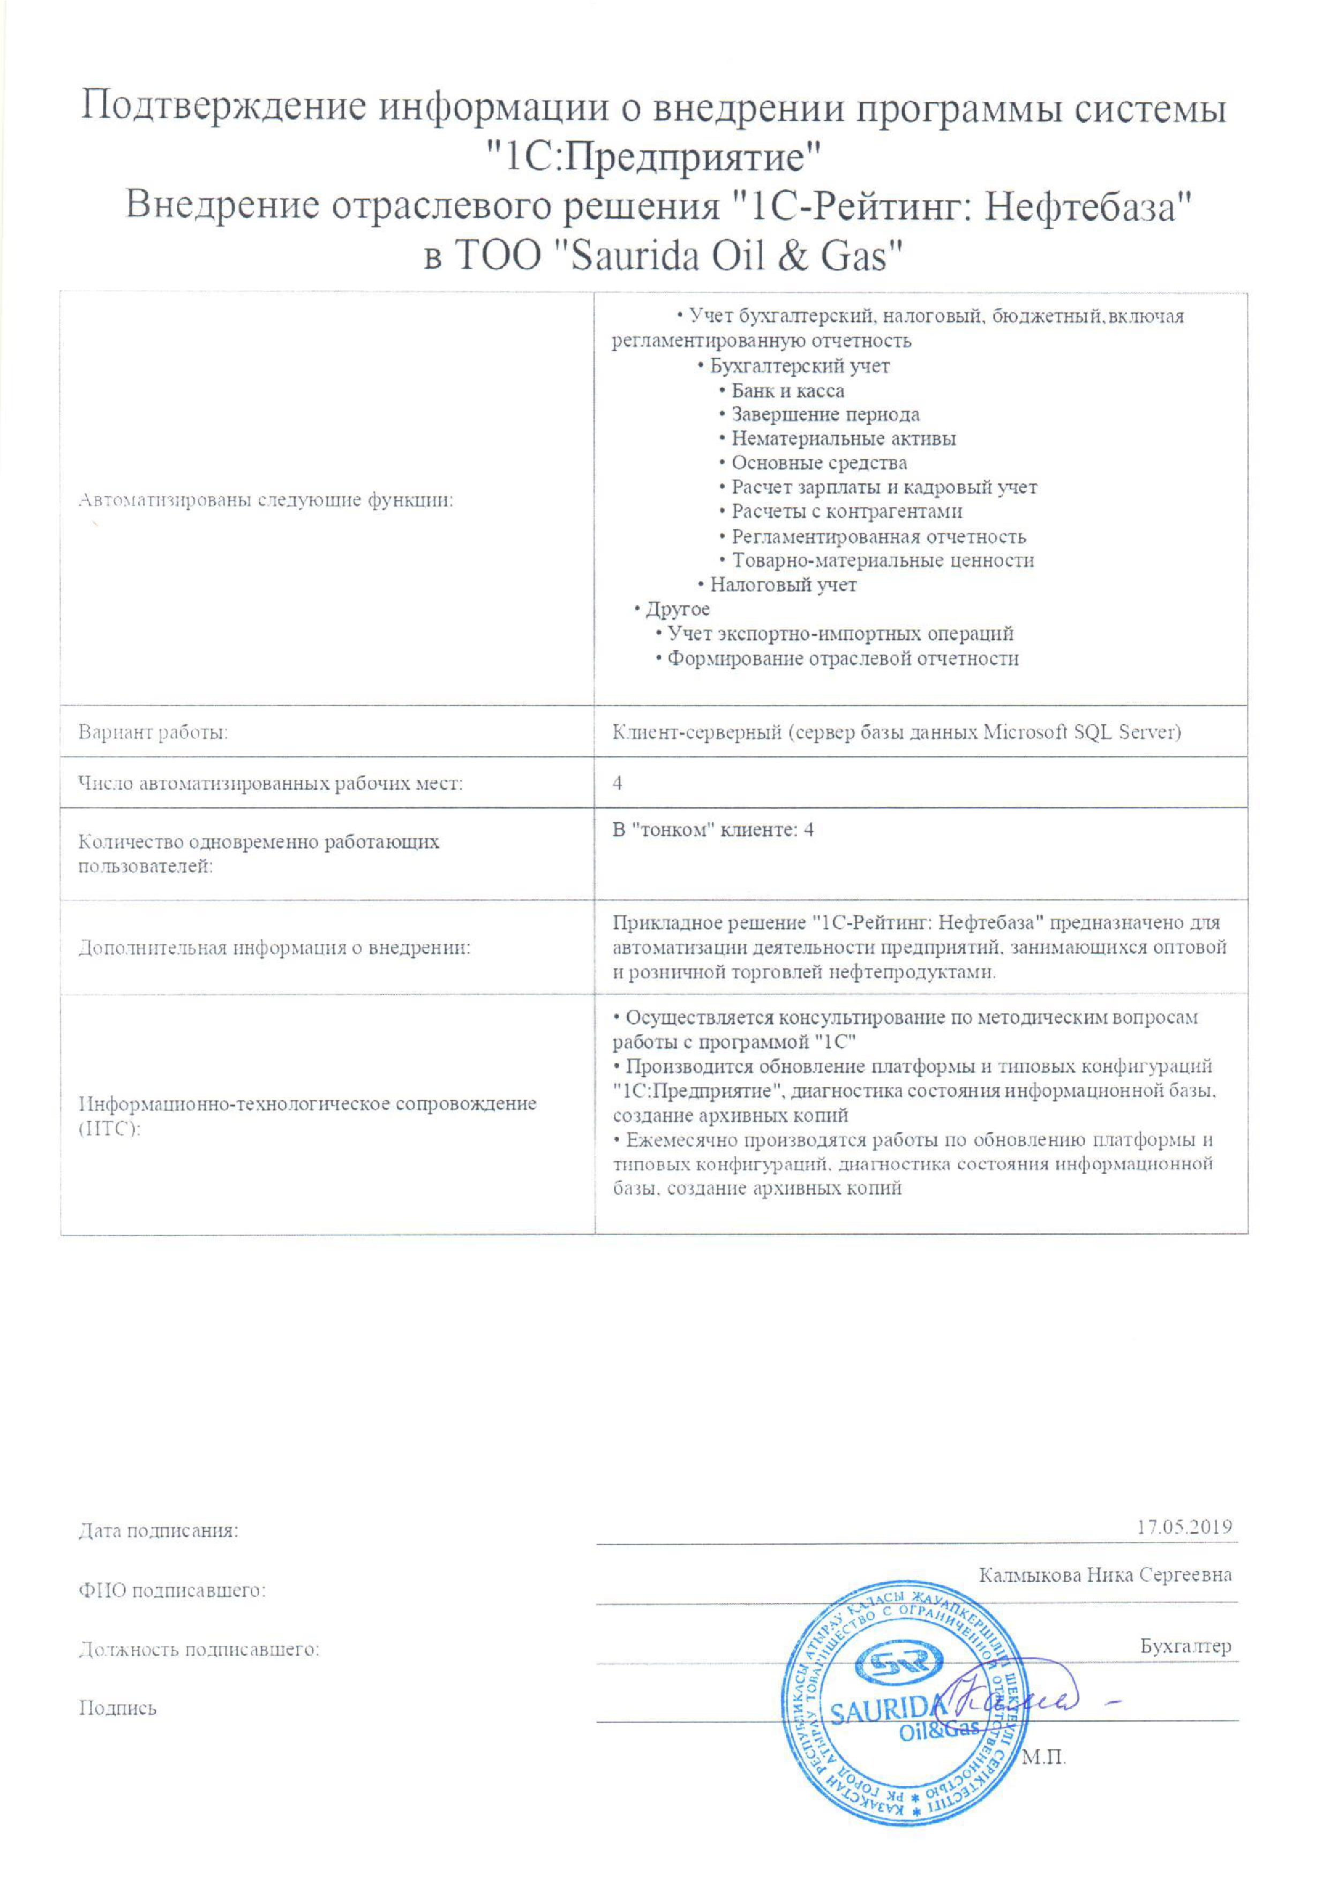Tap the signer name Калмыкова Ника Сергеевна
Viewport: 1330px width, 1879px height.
1105,1575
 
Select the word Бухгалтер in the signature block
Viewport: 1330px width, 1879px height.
1185,1647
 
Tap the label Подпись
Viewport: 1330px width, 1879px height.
117,1709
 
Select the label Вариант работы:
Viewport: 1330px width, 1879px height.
153,733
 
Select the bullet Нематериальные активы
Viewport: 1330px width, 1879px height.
844,439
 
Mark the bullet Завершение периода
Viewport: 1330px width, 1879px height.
825,414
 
